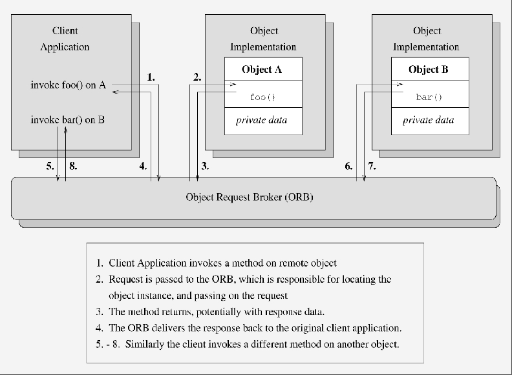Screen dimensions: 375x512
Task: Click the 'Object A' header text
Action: (x=262, y=70)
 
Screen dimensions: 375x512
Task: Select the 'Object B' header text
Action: (x=429, y=70)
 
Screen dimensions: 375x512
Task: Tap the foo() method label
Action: (x=262, y=97)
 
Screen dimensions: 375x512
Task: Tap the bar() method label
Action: (x=429, y=97)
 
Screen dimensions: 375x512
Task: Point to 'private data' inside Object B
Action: (x=428, y=120)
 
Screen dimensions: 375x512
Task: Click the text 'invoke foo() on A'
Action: (x=69, y=85)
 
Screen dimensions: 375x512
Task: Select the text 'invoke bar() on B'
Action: (x=68, y=119)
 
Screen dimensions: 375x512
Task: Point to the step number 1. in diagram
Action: (x=151, y=77)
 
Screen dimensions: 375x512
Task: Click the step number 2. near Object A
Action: (x=197, y=77)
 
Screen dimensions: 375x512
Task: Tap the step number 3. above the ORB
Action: (x=205, y=166)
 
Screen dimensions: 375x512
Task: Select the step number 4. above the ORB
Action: (x=143, y=166)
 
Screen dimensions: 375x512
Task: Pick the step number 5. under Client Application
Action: (x=50, y=166)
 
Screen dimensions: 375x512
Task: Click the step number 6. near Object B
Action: (x=348, y=166)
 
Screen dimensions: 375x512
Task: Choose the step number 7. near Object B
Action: (x=372, y=166)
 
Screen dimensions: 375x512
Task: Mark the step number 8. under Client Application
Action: (x=74, y=166)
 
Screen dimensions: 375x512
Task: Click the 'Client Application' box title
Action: (x=65, y=39)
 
